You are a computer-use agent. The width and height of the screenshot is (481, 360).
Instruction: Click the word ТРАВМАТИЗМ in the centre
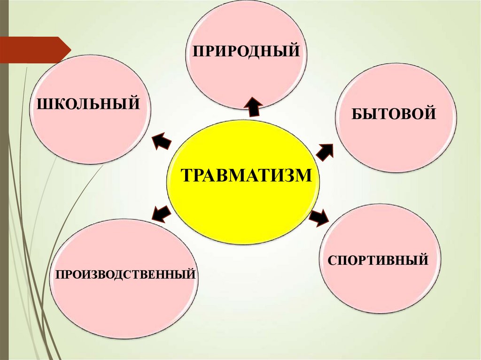click(246, 175)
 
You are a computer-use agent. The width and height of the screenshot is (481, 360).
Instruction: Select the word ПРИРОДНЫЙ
click(245, 50)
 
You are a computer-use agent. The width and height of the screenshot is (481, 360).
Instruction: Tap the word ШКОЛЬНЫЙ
click(88, 102)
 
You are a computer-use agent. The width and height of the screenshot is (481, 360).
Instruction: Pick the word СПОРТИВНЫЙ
click(378, 260)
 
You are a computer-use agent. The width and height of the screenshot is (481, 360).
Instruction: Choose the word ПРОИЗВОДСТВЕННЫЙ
click(125, 273)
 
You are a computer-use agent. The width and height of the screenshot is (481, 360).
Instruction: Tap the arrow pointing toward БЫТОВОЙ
click(325, 150)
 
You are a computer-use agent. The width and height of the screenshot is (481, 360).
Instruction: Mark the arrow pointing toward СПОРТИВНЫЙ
click(319, 218)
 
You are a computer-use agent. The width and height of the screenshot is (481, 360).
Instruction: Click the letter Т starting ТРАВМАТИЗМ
click(186, 176)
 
